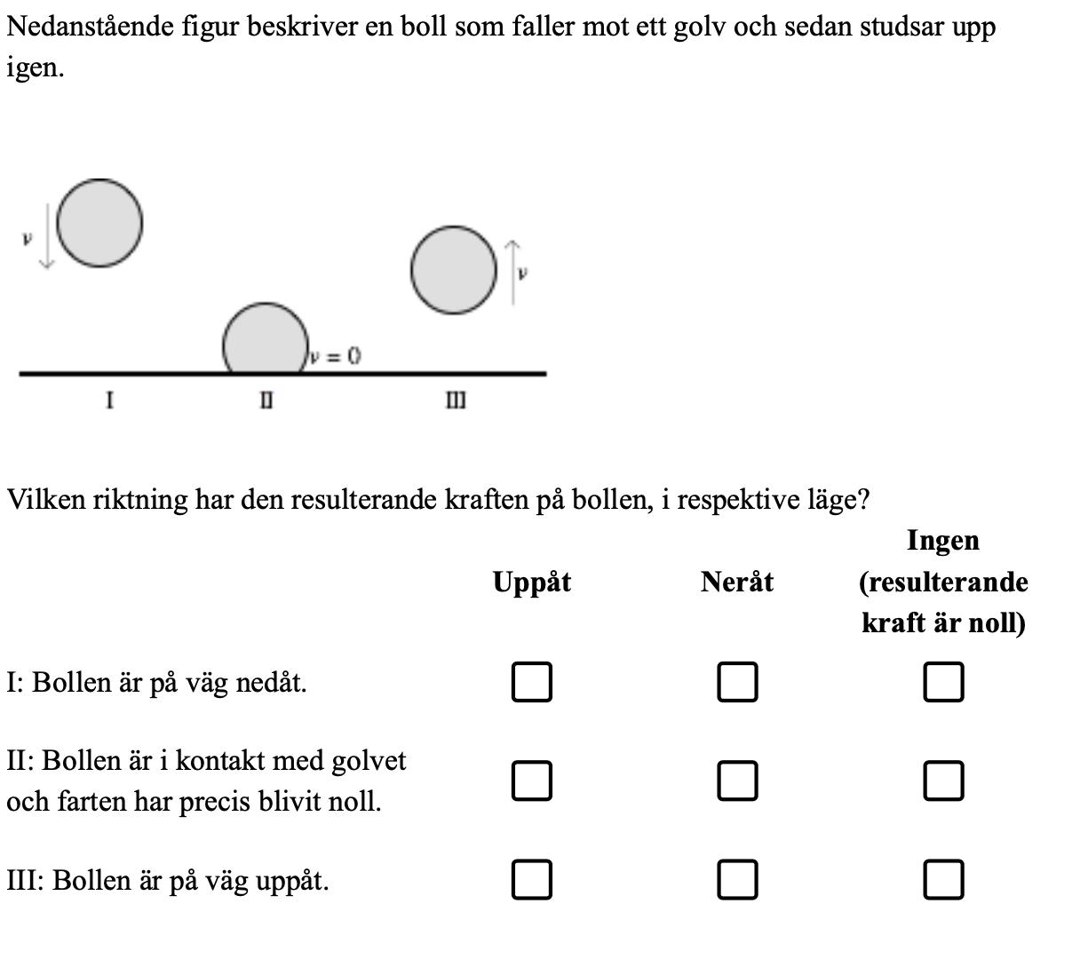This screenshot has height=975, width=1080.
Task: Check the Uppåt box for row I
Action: pyautogui.click(x=531, y=682)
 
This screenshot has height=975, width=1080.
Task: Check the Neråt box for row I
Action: pyautogui.click(x=737, y=682)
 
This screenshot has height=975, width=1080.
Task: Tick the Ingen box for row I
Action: pyautogui.click(x=943, y=682)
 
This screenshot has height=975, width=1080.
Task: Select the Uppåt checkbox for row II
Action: pyautogui.click(x=531, y=781)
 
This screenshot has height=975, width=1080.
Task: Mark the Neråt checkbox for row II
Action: pyautogui.click(x=737, y=781)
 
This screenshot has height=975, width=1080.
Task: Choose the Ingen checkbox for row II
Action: pyautogui.click(x=943, y=781)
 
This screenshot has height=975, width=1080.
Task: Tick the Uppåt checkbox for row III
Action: pyautogui.click(x=531, y=880)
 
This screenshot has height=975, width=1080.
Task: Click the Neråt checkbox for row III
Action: pyautogui.click(x=737, y=880)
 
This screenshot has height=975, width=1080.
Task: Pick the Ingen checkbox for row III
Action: pyautogui.click(x=943, y=880)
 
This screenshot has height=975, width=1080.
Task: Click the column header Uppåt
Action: pyautogui.click(x=532, y=583)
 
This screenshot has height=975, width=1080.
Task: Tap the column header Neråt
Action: pyautogui.click(x=736, y=583)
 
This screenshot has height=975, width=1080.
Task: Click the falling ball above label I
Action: pyautogui.click(x=99, y=223)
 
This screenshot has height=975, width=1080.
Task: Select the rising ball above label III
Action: pyautogui.click(x=453, y=270)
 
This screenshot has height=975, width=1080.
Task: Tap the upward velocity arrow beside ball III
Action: pyautogui.click(x=512, y=272)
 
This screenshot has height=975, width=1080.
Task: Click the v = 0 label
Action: pyautogui.click(x=335, y=356)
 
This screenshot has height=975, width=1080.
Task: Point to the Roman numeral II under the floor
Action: pyautogui.click(x=266, y=401)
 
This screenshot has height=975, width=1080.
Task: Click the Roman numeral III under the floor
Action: pyautogui.click(x=455, y=401)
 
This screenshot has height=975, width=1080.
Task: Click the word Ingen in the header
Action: pyautogui.click(x=942, y=540)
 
